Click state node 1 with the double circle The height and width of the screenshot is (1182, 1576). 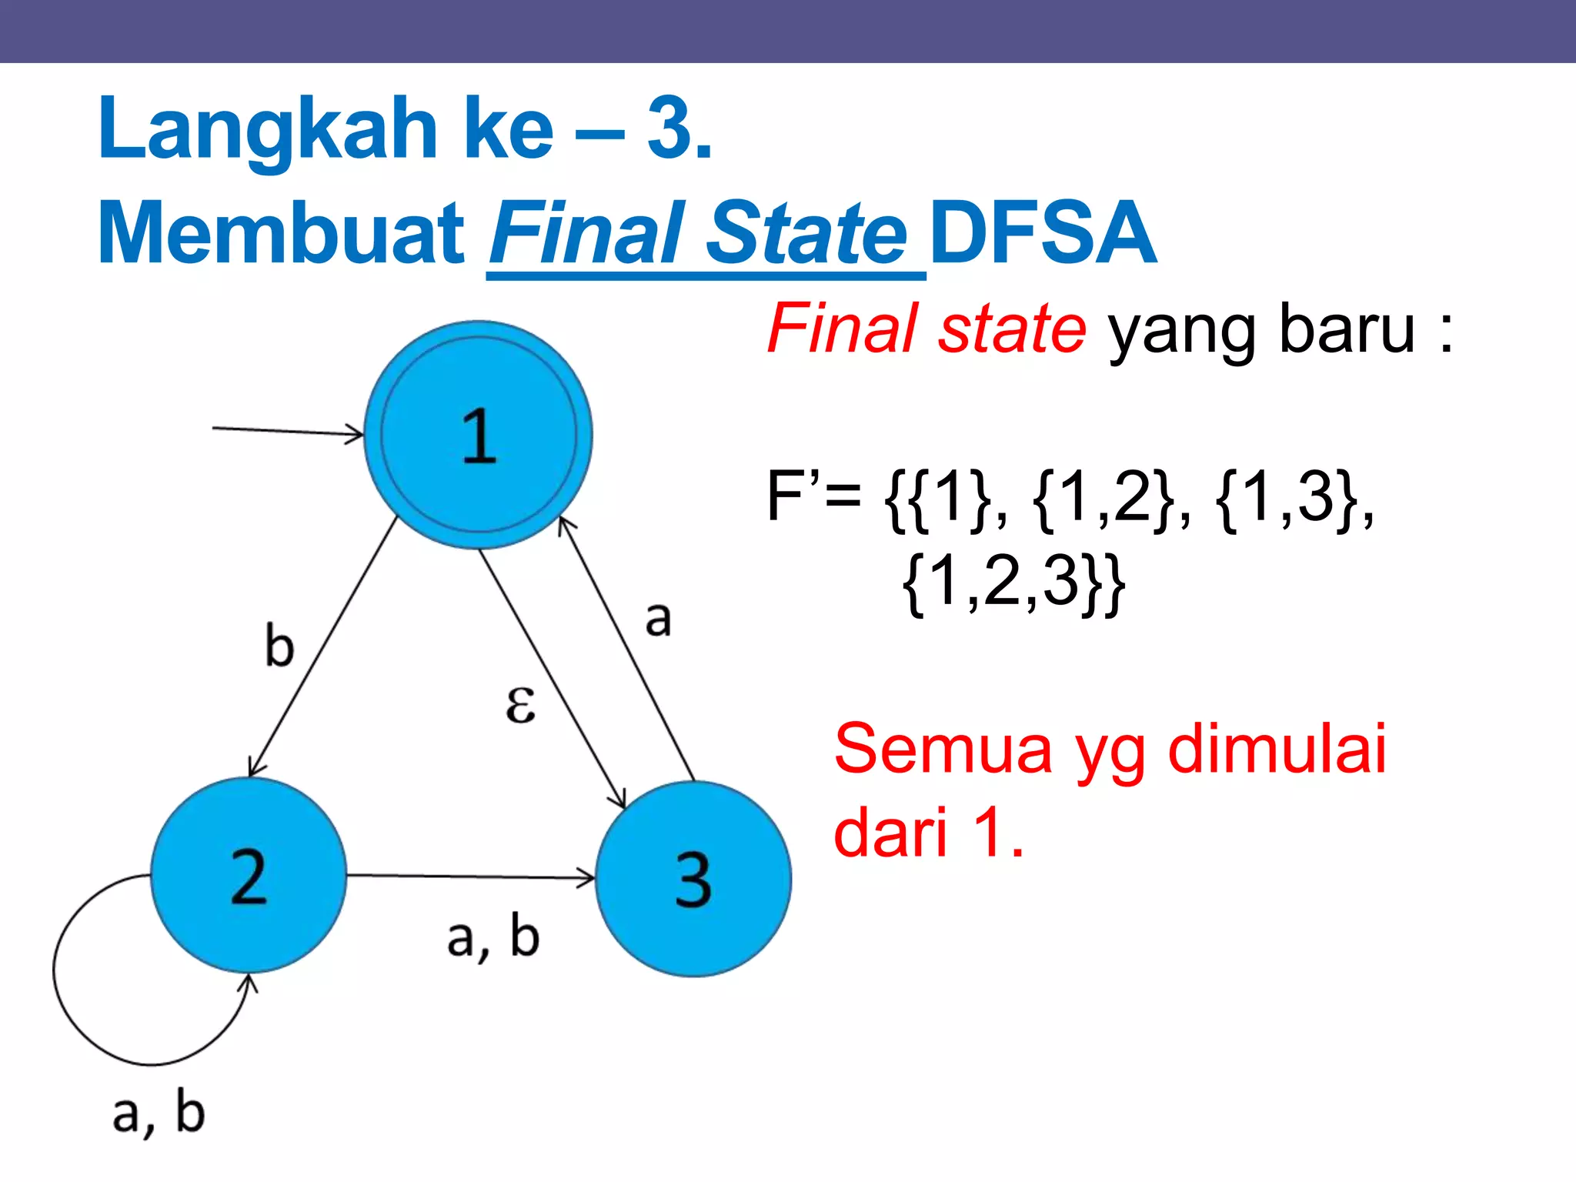pyautogui.click(x=478, y=435)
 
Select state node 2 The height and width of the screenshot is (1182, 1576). pyautogui.click(x=249, y=876)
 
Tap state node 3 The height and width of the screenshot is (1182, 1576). pyautogui.click(x=693, y=879)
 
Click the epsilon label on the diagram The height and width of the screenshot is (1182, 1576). pyautogui.click(x=520, y=704)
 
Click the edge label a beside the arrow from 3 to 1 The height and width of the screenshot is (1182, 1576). pyautogui.click(x=658, y=619)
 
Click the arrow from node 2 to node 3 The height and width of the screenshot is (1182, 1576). pyautogui.click(x=469, y=876)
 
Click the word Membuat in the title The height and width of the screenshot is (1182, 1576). pyautogui.click(x=282, y=233)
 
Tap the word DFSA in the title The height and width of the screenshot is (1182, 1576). pyautogui.click(x=1043, y=233)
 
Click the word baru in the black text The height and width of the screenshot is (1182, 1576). pyautogui.click(x=1347, y=329)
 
